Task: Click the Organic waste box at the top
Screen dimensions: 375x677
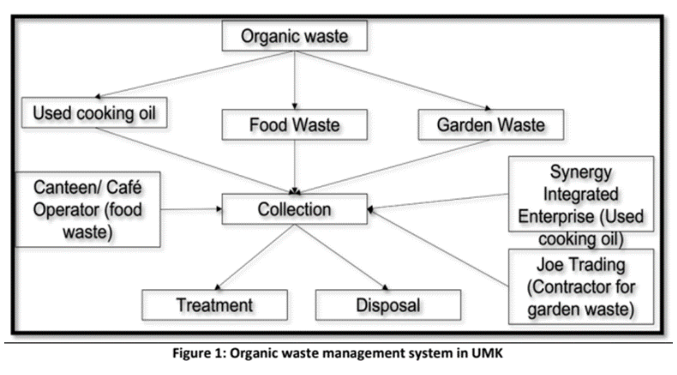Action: [294, 36]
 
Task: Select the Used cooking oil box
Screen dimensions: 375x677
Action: [94, 113]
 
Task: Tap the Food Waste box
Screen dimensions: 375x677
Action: [294, 125]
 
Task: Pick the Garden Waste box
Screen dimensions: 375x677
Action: [491, 125]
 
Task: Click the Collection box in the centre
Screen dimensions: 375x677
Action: [294, 209]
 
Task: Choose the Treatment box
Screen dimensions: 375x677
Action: [215, 305]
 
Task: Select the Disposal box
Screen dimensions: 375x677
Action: [388, 305]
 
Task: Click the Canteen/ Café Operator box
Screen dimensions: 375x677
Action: [88, 209]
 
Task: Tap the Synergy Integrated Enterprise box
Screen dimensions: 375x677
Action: [581, 194]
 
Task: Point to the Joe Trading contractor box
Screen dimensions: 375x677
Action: [581, 287]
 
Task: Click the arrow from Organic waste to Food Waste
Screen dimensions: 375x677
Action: [294, 80]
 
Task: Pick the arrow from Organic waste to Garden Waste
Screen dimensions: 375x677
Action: [393, 80]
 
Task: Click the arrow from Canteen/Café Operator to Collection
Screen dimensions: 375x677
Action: [191, 209]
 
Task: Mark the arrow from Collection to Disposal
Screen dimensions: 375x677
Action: [340, 257]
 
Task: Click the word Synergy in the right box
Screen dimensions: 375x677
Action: [581, 172]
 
